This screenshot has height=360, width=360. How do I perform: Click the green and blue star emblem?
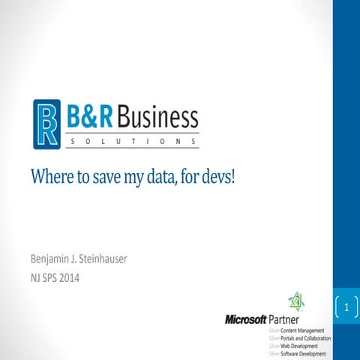pos(296,301)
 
